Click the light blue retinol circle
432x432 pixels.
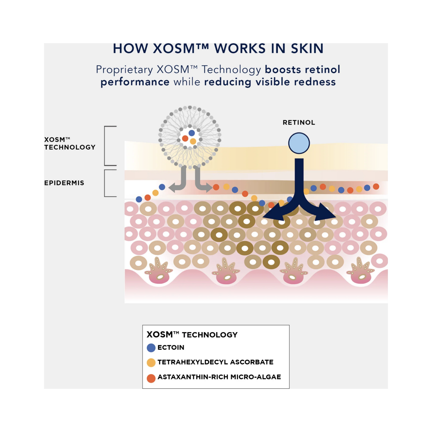click(299, 143)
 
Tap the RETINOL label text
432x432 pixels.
click(299, 123)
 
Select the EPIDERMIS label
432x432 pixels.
click(64, 183)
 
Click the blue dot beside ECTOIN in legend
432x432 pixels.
click(151, 348)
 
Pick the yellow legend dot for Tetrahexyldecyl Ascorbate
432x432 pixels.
click(151, 363)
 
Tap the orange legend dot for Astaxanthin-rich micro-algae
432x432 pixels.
click(151, 378)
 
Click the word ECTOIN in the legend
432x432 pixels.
click(171, 348)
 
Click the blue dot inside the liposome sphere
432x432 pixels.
click(192, 133)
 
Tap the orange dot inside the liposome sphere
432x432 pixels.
click(185, 139)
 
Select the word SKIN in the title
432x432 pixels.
click(307, 49)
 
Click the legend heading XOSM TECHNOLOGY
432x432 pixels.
click(192, 335)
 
